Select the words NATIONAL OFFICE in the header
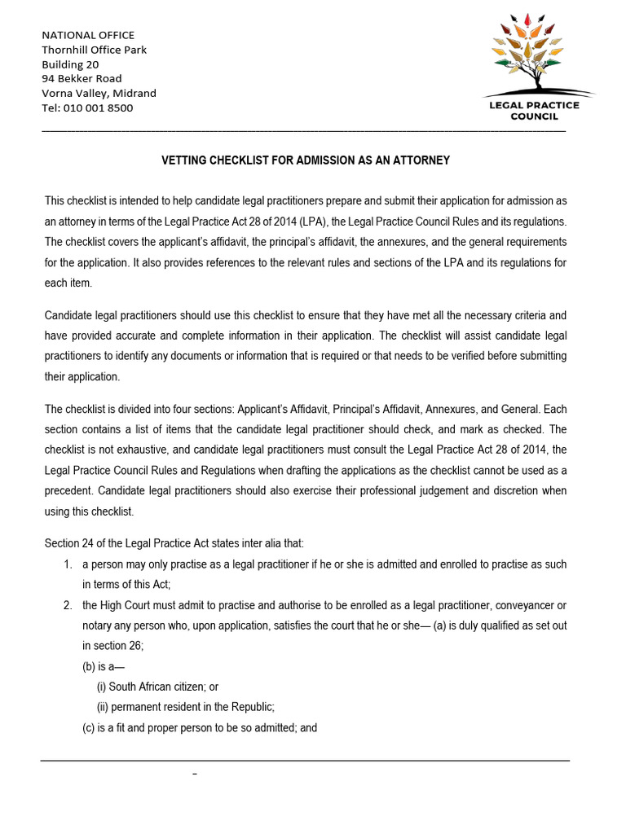[x=88, y=35]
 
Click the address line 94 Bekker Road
[x=82, y=78]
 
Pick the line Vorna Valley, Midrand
[x=99, y=93]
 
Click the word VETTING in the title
[x=184, y=160]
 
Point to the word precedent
[x=70, y=490]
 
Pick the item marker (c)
[x=89, y=727]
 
